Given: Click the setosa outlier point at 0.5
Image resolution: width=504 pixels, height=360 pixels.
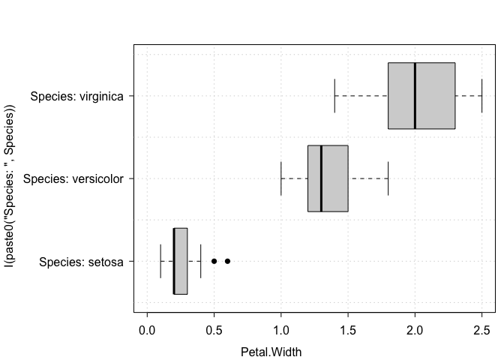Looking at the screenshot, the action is (x=214, y=261).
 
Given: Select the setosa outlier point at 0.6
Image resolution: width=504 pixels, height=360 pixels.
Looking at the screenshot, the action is (x=227, y=261).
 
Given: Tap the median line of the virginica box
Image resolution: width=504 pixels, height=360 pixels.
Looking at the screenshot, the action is (x=415, y=96).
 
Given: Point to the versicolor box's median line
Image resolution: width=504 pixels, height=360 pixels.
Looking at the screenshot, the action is (x=321, y=178).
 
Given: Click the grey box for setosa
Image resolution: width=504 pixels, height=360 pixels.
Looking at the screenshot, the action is (x=180, y=261).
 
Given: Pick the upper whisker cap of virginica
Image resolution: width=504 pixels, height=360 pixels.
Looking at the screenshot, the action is (x=481, y=96).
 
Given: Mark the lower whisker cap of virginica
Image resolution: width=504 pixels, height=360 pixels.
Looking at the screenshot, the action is (x=334, y=96).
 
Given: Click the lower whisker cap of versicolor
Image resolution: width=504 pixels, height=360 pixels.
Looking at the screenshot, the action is (x=281, y=178).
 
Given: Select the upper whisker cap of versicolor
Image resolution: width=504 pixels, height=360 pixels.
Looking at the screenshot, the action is (x=388, y=178).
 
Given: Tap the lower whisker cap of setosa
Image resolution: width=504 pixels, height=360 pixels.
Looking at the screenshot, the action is (x=160, y=261).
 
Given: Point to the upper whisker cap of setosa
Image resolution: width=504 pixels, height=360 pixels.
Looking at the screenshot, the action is (x=200, y=261).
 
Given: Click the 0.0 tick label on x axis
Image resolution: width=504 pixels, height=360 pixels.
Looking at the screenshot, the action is (x=147, y=330).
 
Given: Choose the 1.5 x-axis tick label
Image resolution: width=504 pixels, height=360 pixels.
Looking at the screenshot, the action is (x=348, y=330).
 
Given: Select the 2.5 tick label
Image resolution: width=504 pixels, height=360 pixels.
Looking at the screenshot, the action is (x=481, y=330).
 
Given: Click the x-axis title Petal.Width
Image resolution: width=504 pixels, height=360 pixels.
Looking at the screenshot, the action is (x=271, y=352).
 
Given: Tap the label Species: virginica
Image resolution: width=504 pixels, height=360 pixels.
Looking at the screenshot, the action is (x=76, y=96).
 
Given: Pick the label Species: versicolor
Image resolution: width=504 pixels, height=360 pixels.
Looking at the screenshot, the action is (x=73, y=178).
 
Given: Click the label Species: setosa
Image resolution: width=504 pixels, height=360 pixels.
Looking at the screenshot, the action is (x=81, y=262).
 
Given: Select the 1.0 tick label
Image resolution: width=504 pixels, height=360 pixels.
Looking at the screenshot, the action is (x=281, y=330).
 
